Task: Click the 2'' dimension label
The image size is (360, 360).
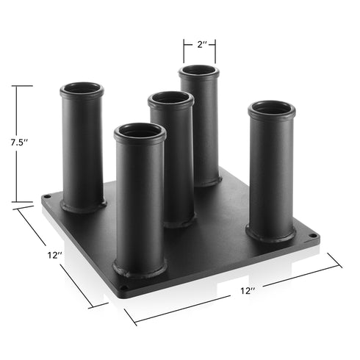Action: [x=199, y=44]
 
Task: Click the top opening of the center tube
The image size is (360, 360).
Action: [x=170, y=99]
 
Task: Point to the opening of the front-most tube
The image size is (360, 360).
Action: [x=140, y=132]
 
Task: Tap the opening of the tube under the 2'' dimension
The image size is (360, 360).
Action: [x=199, y=72]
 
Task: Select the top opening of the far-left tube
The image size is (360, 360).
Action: [x=82, y=90]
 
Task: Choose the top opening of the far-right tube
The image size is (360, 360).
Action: [x=271, y=109]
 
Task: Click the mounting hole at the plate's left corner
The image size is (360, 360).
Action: [x=48, y=197]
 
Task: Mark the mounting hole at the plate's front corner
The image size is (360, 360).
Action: [x=123, y=287]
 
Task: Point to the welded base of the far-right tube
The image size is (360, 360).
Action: [x=270, y=234]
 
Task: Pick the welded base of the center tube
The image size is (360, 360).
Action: [x=178, y=220]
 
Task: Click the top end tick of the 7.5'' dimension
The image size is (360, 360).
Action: [x=23, y=86]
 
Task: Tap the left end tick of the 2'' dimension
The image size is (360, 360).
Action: [x=184, y=51]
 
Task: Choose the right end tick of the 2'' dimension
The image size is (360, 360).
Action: [x=215, y=51]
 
